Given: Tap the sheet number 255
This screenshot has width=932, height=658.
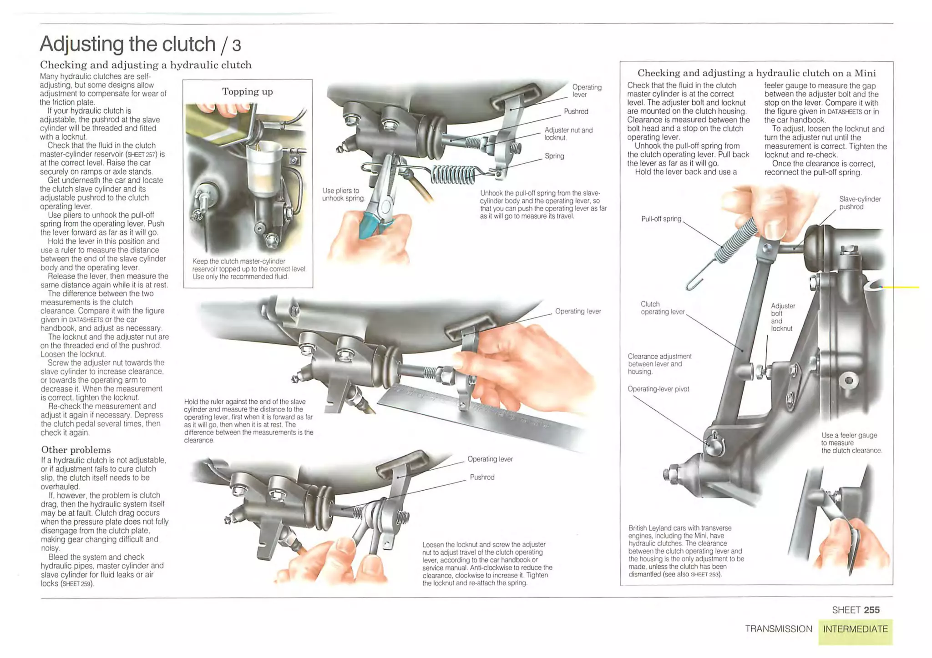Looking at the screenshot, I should click(x=871, y=610).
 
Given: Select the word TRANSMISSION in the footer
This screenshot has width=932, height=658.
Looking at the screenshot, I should click(x=778, y=629).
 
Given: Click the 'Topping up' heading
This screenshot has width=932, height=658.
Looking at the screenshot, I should click(x=247, y=91).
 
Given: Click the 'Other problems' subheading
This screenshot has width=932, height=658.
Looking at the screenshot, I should click(x=76, y=450).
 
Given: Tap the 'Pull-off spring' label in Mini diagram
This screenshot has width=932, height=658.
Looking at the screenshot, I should click(x=661, y=219).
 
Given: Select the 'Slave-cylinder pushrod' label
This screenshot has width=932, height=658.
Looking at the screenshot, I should click(x=860, y=203).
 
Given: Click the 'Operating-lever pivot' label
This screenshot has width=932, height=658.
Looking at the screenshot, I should click(x=658, y=389).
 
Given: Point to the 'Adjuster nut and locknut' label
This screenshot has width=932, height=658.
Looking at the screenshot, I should click(x=568, y=134).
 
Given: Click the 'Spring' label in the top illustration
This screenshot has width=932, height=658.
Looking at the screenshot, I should click(x=554, y=156).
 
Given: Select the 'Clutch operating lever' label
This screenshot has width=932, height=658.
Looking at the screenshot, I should click(x=662, y=308).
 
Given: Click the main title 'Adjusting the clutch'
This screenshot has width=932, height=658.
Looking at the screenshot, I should click(x=127, y=44).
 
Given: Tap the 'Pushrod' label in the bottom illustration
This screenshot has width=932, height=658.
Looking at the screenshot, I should click(x=482, y=477).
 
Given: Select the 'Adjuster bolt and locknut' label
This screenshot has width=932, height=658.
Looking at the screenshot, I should click(x=782, y=317).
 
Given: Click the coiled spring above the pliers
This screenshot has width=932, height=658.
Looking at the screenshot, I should click(x=453, y=174).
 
